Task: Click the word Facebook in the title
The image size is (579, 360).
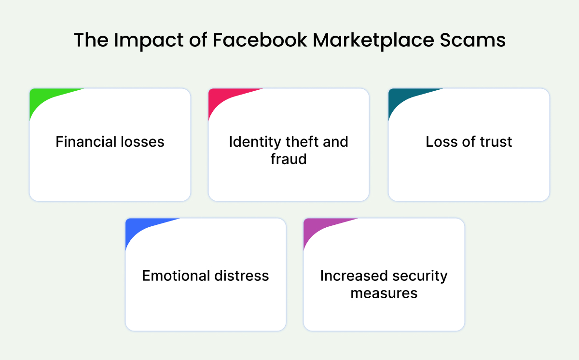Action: (260, 40)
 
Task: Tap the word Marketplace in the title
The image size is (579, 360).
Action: (373, 41)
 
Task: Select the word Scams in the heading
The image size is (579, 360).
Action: (472, 40)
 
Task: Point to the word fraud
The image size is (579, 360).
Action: (289, 159)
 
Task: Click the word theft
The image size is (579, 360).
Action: (302, 141)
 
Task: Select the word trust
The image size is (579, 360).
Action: (496, 141)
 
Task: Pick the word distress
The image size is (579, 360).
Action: (242, 276)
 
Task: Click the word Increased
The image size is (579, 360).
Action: (354, 276)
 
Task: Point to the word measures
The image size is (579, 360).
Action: (384, 293)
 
